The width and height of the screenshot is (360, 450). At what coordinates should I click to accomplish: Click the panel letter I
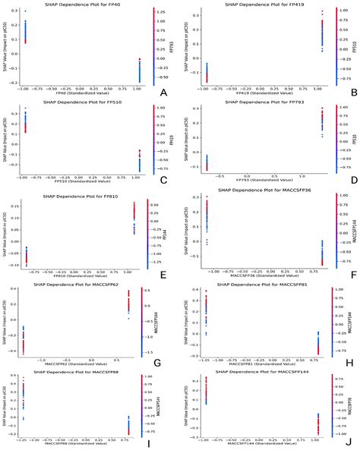point(163,442)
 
